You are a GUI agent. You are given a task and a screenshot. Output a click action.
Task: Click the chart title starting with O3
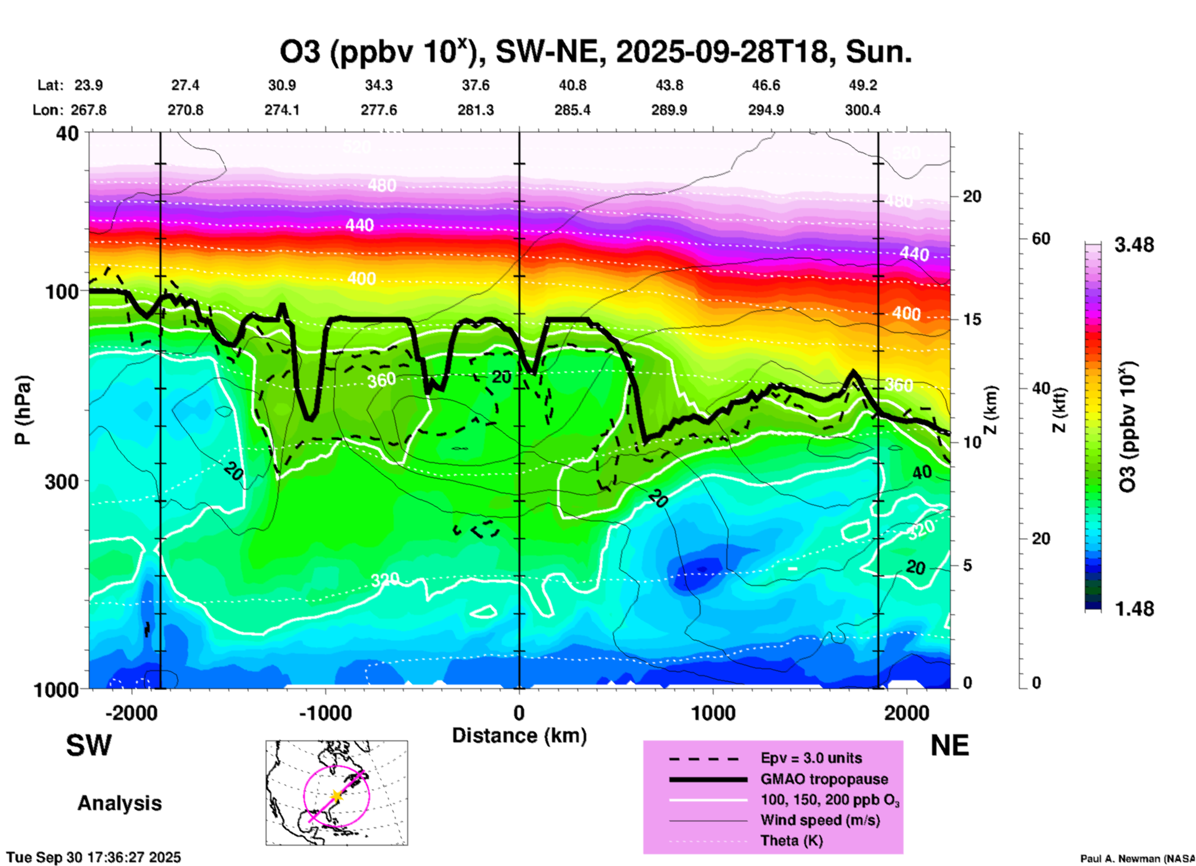pos(595,52)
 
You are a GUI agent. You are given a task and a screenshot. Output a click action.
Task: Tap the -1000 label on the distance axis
pos(325,713)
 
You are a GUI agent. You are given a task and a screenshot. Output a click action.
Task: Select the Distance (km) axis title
pos(519,736)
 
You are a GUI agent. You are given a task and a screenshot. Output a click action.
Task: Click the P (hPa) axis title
pos(23,410)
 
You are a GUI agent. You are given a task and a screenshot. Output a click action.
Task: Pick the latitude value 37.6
pos(475,85)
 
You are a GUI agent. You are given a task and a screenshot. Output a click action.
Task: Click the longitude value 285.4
pos(572,111)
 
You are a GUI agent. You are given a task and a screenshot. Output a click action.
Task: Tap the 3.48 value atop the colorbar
pos(1134,245)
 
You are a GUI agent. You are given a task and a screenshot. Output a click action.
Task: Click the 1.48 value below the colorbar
pos(1134,609)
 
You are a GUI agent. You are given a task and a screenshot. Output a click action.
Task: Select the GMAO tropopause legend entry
pos(824,779)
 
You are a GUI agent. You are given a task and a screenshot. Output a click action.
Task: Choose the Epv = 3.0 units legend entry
pos(811,758)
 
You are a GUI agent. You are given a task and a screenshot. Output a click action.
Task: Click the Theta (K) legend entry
pos(791,841)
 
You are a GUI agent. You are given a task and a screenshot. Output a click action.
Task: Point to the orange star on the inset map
pos(337,796)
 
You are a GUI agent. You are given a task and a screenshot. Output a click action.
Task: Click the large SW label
pos(89,745)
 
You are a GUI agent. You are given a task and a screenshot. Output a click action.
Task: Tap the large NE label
pos(949,745)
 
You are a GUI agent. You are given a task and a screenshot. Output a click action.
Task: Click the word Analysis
pos(119,803)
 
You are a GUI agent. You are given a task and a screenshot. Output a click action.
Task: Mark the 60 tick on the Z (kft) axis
pos(1040,239)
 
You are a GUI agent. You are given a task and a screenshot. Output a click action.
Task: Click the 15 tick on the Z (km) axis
pos(971,319)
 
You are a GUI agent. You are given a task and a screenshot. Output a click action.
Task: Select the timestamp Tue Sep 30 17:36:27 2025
pos(94,857)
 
